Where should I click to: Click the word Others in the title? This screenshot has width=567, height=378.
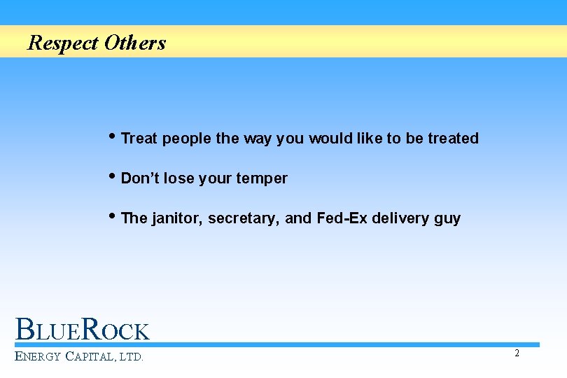[135, 43]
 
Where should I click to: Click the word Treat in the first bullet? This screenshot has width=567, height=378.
[139, 139]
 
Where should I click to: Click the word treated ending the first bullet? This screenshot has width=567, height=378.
[453, 139]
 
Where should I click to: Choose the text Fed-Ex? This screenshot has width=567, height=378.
[342, 218]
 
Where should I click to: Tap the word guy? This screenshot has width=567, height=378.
[447, 219]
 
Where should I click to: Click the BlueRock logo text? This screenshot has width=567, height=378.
[83, 330]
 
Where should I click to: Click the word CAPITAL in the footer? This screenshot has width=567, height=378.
[90, 357]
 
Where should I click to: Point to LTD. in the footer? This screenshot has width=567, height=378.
[131, 357]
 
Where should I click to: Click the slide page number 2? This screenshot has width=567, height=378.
[517, 353]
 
